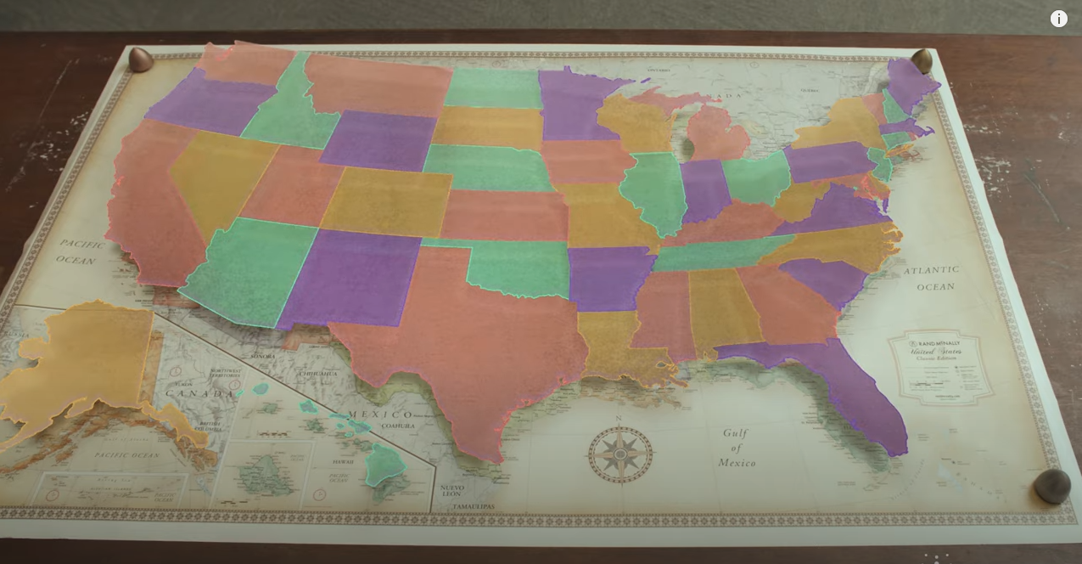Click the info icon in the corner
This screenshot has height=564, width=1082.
[1058, 19]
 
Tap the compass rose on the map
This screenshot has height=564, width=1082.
[620, 454]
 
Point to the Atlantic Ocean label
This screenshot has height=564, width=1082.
[932, 278]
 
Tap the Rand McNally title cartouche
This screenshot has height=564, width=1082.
[940, 366]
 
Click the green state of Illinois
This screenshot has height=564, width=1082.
[653, 191]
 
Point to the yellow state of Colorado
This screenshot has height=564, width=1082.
[387, 202]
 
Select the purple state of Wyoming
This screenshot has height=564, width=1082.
[378, 140]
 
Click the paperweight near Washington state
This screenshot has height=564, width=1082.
[140, 59]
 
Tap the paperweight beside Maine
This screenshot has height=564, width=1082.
[922, 60]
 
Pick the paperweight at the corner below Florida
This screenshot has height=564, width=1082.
[1052, 486]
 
